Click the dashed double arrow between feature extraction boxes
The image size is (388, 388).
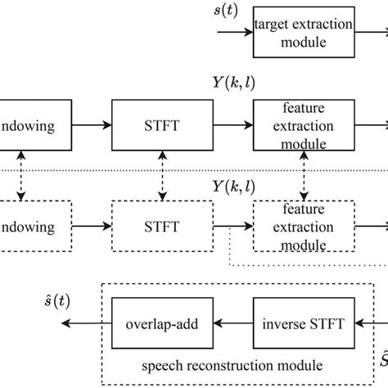tap(305, 174)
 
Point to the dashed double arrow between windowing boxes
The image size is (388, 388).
tap(23, 174)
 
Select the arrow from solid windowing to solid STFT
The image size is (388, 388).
tap(84, 127)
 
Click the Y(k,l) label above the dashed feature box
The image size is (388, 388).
tap(278, 192)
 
